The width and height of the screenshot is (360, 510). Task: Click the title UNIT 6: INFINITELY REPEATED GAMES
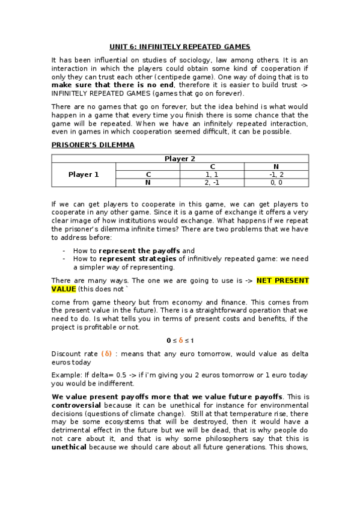(x=180, y=46)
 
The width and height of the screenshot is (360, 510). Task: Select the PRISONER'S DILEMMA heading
(x=93, y=145)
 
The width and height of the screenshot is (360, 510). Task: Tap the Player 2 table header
(x=180, y=159)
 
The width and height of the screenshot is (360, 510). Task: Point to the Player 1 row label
(x=84, y=174)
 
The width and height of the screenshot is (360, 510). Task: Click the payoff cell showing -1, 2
(x=276, y=174)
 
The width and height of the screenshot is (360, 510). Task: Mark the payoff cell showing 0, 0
(x=276, y=182)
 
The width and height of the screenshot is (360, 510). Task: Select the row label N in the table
(x=147, y=182)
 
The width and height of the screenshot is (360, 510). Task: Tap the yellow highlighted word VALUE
(x=64, y=289)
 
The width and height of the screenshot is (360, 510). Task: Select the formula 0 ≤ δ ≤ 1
(x=180, y=340)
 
